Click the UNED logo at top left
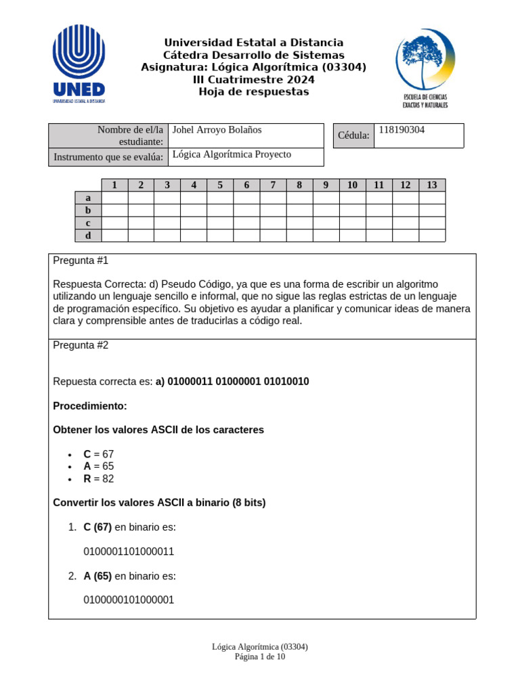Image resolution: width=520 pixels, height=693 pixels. click(x=79, y=64)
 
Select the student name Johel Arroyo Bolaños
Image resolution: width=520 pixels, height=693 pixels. click(x=217, y=130)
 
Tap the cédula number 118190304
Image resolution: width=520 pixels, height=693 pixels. click(x=402, y=130)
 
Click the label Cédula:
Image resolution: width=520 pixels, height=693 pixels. click(x=353, y=136)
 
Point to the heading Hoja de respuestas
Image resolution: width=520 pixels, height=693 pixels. click(x=253, y=92)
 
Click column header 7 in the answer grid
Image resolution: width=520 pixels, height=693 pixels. click(x=273, y=185)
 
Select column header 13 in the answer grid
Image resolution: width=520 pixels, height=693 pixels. click(x=432, y=185)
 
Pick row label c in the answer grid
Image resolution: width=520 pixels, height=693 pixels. click(x=88, y=223)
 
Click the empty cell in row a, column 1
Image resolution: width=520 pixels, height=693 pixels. click(x=114, y=198)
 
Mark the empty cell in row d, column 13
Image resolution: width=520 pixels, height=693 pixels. click(x=432, y=236)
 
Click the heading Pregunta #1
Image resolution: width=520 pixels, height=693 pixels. click(x=81, y=261)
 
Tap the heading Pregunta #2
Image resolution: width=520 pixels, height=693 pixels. click(x=81, y=345)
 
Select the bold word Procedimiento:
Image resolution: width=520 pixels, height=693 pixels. click(x=89, y=406)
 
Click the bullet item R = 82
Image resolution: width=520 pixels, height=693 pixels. click(x=99, y=479)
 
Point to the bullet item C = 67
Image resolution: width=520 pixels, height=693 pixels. click(x=99, y=455)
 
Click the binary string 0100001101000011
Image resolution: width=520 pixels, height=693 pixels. click(x=129, y=552)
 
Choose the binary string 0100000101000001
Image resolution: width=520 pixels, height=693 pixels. click(x=129, y=600)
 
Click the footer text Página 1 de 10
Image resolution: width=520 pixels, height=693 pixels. click(x=260, y=656)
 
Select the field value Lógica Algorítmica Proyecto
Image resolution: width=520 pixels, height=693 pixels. click(x=232, y=154)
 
